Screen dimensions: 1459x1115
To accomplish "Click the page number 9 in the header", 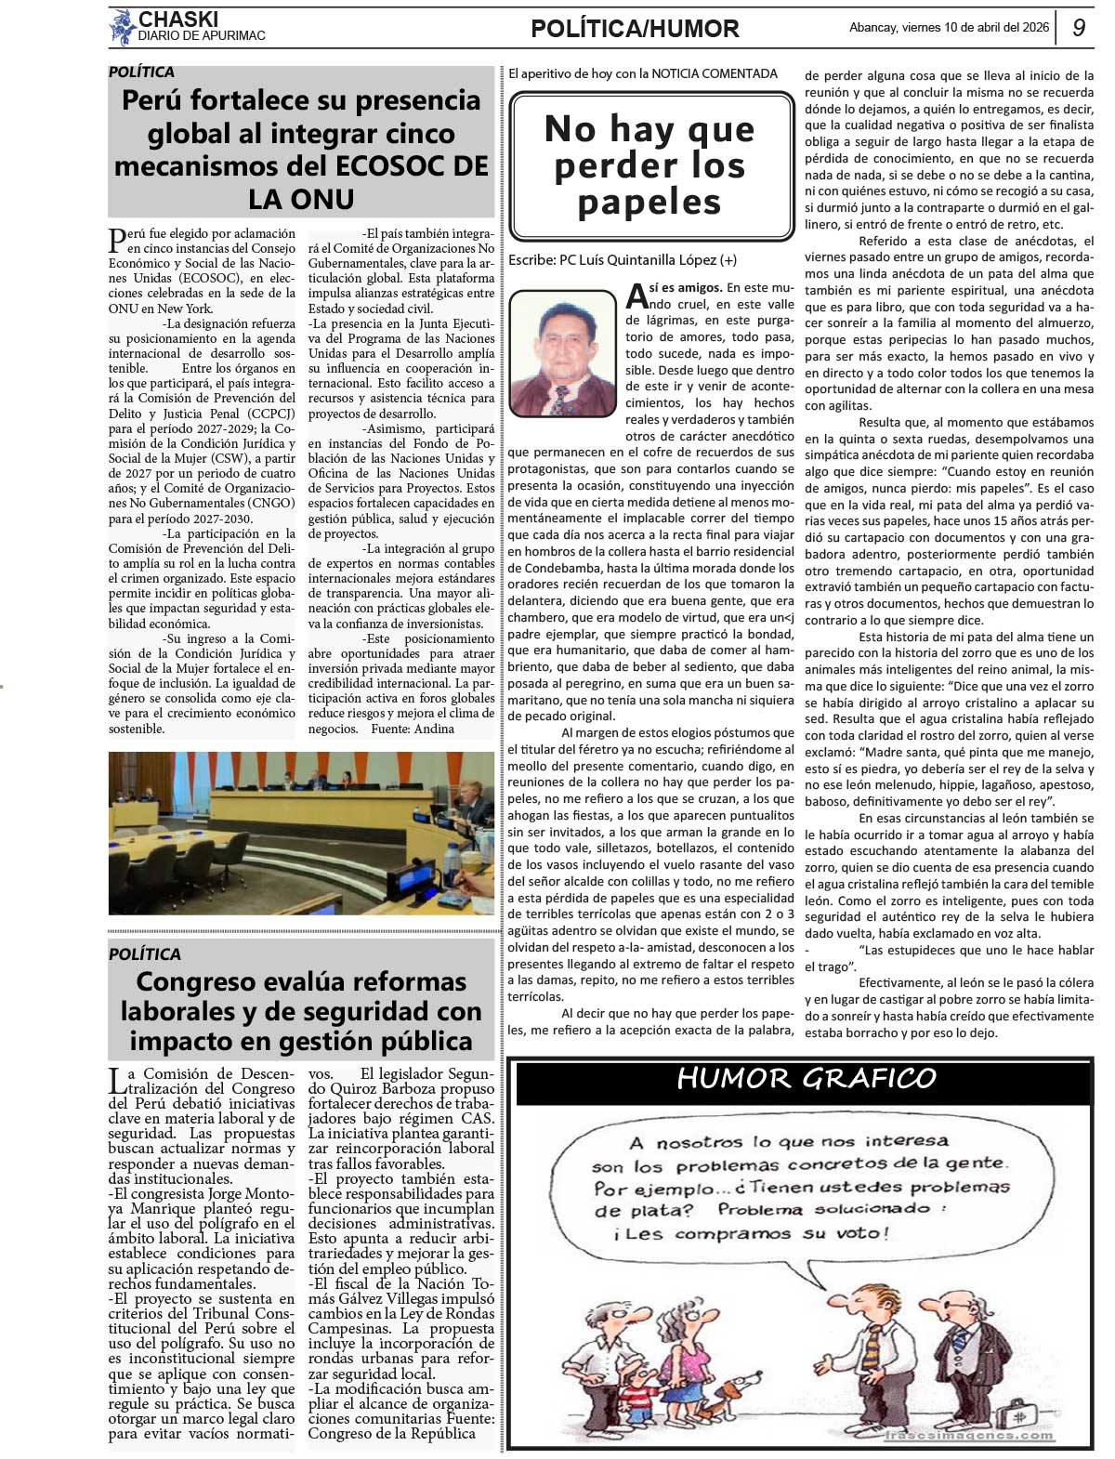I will click(1078, 28).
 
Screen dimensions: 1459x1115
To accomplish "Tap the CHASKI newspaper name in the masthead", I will click(178, 19).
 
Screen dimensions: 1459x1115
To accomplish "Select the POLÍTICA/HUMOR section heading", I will click(635, 29).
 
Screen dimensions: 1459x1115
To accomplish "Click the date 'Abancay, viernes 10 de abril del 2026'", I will click(949, 28).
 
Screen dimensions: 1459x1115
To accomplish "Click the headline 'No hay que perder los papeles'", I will click(649, 165).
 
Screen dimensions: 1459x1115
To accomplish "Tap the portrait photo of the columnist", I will click(562, 353).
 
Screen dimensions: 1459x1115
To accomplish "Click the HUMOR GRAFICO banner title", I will click(806, 1078).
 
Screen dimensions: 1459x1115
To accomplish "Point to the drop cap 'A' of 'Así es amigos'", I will click(636, 296).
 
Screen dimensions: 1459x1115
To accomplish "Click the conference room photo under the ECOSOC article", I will click(301, 833).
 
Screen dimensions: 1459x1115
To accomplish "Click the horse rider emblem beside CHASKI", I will click(122, 27).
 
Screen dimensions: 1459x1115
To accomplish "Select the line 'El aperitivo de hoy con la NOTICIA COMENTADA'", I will click(642, 73).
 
